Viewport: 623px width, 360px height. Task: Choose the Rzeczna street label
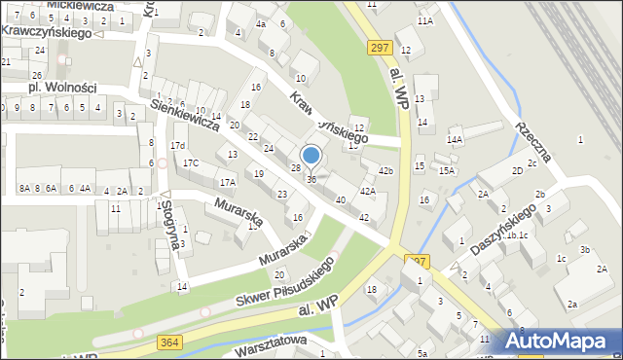click(534, 141)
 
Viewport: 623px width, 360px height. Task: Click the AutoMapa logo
click(560, 342)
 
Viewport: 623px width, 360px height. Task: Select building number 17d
click(177, 146)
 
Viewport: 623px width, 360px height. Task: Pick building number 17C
click(191, 162)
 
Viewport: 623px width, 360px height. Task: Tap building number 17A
click(227, 182)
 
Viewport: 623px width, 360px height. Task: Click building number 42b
click(386, 171)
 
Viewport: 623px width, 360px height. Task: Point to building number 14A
click(455, 139)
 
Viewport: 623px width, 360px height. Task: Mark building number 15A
click(447, 171)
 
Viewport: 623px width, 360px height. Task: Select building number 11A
click(424, 20)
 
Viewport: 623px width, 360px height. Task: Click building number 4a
click(260, 23)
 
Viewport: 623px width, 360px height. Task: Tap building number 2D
click(519, 170)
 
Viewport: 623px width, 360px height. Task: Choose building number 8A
click(25, 189)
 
